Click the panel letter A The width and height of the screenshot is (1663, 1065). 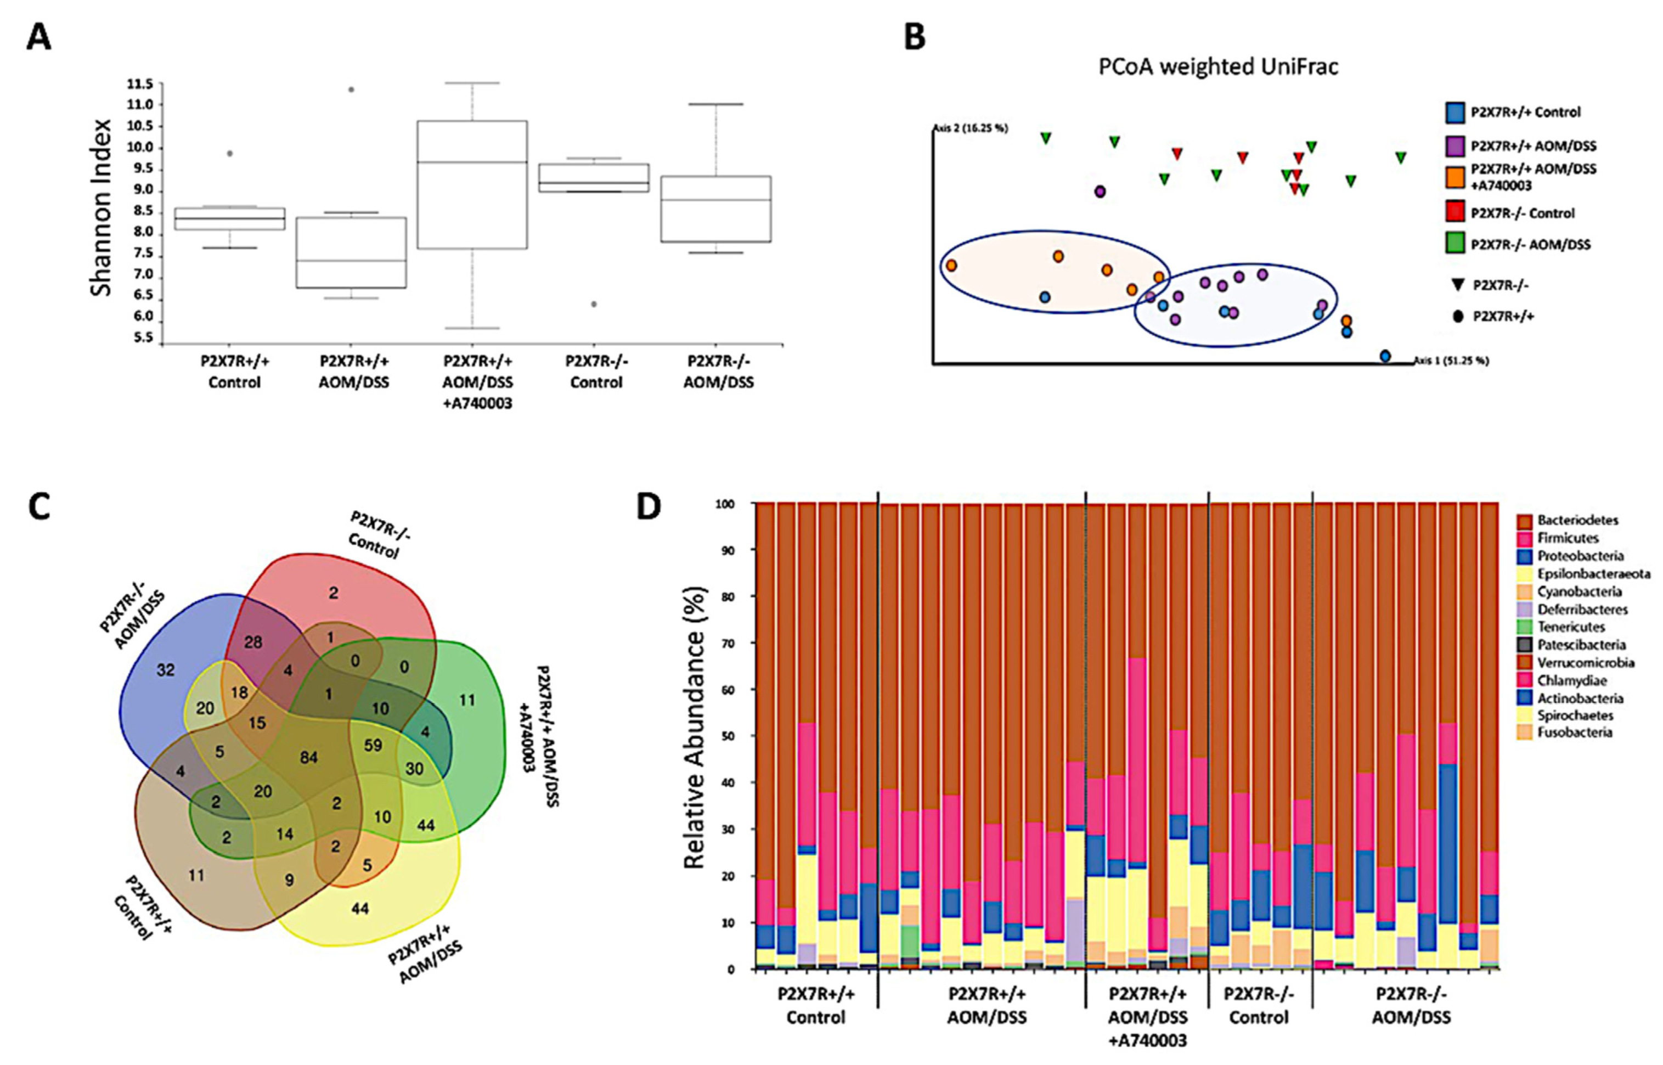point(39,37)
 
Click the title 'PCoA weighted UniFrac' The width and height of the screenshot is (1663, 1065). point(1219,66)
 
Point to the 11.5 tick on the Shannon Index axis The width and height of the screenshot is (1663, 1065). point(140,84)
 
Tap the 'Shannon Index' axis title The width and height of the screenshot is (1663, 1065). point(102,207)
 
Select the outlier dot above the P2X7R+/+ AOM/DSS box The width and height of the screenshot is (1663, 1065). point(351,89)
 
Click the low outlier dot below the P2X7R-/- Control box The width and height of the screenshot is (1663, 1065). point(594,305)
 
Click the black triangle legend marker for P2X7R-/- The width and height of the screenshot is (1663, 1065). point(1458,284)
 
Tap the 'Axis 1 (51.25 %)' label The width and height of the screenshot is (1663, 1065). point(1451,360)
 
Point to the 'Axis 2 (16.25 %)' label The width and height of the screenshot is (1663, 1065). point(970,128)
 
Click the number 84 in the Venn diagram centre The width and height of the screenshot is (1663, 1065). point(308,757)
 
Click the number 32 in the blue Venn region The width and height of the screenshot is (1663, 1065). point(165,669)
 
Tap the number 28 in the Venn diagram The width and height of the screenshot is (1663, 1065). point(253,642)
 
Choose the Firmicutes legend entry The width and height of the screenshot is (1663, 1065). point(1568,537)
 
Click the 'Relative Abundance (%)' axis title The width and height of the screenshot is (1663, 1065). point(694,728)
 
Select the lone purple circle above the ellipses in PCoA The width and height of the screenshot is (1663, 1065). point(1100,191)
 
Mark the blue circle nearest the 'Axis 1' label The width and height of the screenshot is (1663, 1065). point(1385,356)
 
